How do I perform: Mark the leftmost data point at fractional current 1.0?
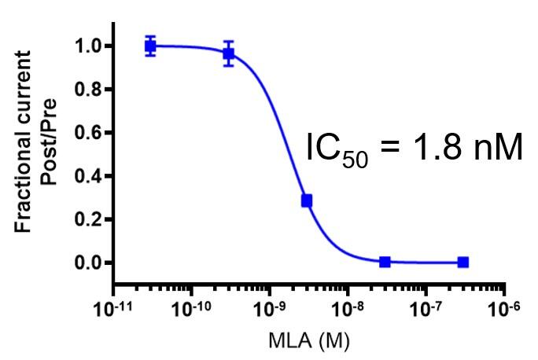(x=151, y=46)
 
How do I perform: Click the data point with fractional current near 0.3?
(x=306, y=201)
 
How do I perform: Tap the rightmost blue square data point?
(x=463, y=262)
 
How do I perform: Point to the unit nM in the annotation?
(x=496, y=149)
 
